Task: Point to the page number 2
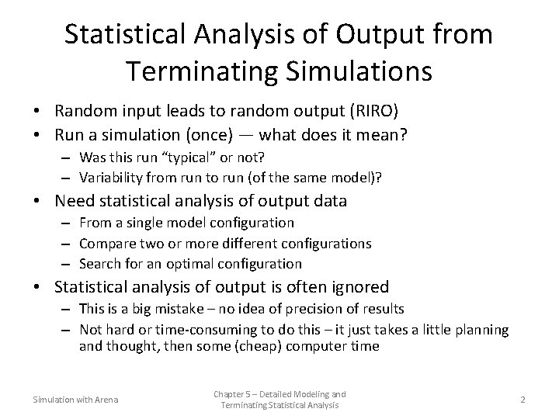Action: click(523, 399)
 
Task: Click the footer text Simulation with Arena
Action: click(75, 400)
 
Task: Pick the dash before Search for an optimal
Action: click(68, 264)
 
